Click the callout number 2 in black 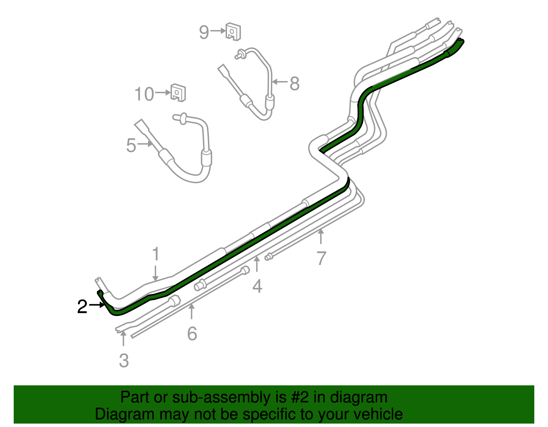tap(82, 307)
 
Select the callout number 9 tap(204, 32)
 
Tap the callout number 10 tap(144, 94)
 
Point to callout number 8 tap(294, 83)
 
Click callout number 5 tap(131, 145)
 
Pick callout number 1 tap(156, 254)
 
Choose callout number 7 tap(321, 258)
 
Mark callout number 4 tap(257, 286)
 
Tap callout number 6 tap(192, 334)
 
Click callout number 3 tap(124, 361)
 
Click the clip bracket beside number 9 tap(234, 31)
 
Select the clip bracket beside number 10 tap(178, 92)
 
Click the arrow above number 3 tap(123, 338)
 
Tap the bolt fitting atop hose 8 tap(240, 54)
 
